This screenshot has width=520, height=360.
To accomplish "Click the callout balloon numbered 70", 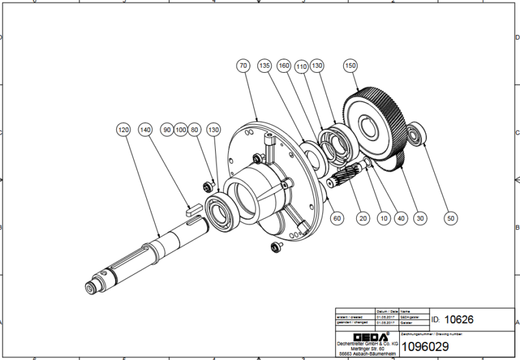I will [x=243, y=66].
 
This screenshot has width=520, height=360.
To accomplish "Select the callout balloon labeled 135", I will [x=265, y=66].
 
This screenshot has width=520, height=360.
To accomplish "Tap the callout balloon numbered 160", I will [x=283, y=66].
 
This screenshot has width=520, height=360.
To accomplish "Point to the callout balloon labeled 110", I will [x=301, y=66].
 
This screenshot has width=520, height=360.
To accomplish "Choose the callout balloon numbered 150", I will [x=351, y=66].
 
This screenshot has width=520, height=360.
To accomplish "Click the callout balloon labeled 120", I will [x=124, y=130].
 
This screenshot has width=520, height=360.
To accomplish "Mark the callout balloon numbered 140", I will [x=146, y=130].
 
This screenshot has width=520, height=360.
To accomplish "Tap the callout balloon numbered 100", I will [x=181, y=130].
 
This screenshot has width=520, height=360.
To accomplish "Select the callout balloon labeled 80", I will [x=196, y=130].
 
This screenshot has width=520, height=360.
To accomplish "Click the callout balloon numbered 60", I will [x=337, y=218].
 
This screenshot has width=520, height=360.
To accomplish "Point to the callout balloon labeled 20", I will [x=363, y=218].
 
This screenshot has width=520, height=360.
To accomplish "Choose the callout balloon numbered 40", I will [x=401, y=218].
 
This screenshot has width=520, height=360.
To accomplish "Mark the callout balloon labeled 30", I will [x=421, y=218].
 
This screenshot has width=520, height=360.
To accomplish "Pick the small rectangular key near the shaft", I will [x=190, y=209].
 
